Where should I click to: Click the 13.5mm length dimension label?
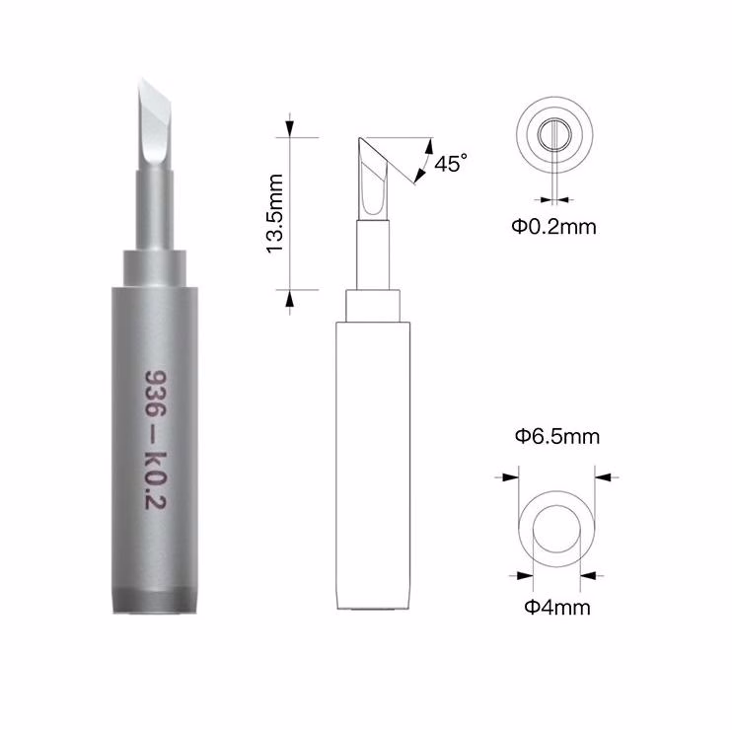[x=275, y=213]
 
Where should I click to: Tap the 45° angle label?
[x=450, y=163]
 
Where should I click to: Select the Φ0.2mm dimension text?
[x=554, y=227]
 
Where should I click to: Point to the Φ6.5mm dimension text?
[x=557, y=436]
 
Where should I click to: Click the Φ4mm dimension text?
[x=557, y=608]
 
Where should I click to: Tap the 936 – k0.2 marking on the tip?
[x=156, y=440]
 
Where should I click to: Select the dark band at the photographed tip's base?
[x=155, y=601]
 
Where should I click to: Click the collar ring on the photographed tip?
[x=155, y=269]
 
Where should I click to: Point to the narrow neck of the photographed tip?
[x=155, y=210]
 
